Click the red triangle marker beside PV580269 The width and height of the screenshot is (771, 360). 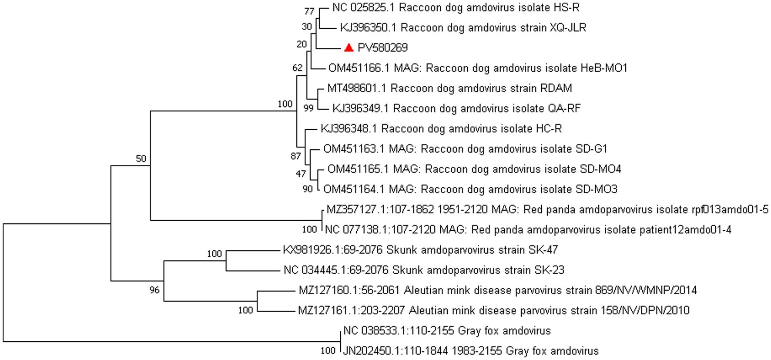point(349,47)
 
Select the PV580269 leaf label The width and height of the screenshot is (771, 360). point(382,48)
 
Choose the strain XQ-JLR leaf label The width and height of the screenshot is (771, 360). point(463,28)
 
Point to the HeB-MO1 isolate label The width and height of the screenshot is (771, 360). point(478,68)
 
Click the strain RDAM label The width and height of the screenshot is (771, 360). point(449,88)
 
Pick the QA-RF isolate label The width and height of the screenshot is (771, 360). point(456,108)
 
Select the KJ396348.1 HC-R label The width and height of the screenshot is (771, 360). point(441,129)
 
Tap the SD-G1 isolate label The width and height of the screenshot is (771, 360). point(465,149)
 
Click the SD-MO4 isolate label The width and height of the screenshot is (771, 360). point(474,169)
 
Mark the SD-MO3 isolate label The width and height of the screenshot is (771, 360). point(470,189)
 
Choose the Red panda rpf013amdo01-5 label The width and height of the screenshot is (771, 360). point(547,210)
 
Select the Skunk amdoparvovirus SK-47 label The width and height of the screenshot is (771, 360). point(420,250)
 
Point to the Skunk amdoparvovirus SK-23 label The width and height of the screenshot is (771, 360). point(424,270)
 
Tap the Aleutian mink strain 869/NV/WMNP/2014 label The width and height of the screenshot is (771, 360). point(498,290)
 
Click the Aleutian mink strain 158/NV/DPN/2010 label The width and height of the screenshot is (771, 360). point(494,310)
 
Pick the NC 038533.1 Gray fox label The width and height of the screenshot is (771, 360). point(447,331)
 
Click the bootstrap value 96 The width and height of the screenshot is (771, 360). point(154,290)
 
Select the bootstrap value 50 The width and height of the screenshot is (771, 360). point(141,159)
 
